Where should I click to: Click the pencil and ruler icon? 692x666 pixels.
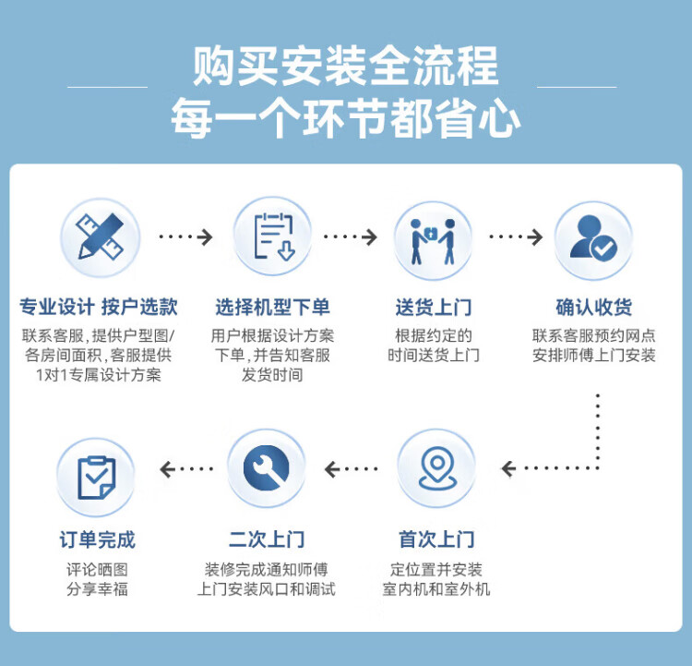pyautogui.click(x=100, y=238)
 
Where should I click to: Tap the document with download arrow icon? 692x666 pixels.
pyautogui.click(x=272, y=238)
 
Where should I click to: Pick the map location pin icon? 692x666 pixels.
pyautogui.click(x=435, y=469)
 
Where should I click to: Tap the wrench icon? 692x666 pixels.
pyautogui.click(x=267, y=469)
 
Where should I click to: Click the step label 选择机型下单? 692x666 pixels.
pyautogui.click(x=272, y=308)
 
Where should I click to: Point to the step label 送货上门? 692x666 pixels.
pyautogui.click(x=433, y=308)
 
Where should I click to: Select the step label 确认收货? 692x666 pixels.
pyautogui.click(x=593, y=308)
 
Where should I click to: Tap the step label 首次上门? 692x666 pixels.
pyautogui.click(x=435, y=539)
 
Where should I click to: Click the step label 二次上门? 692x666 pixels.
pyautogui.click(x=267, y=539)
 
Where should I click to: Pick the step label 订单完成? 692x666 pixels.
pyautogui.click(x=96, y=539)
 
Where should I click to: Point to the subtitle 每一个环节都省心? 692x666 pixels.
pyautogui.click(x=346, y=120)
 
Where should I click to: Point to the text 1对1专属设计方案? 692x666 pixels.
pyautogui.click(x=98, y=375)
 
